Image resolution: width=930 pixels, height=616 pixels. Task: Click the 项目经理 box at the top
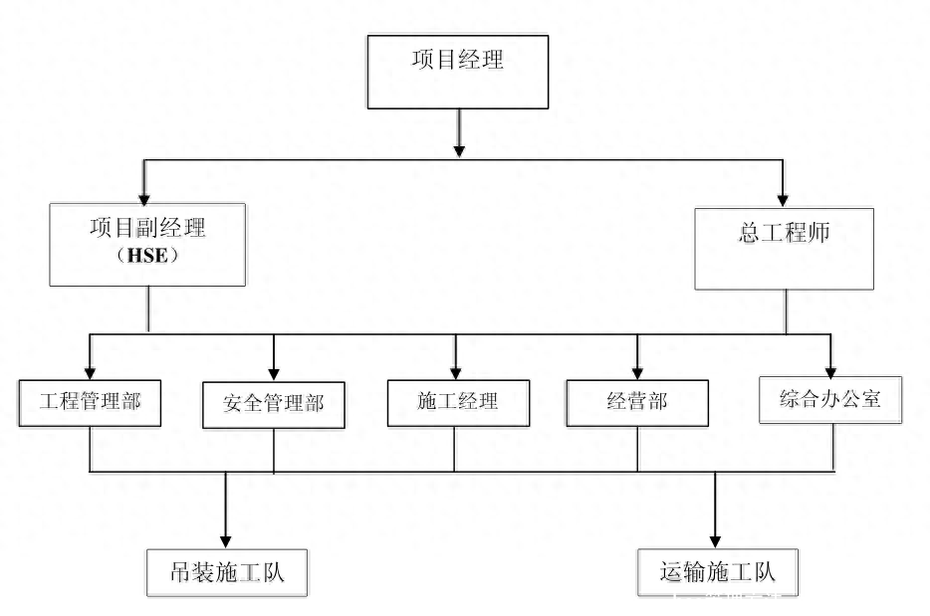[x=457, y=72]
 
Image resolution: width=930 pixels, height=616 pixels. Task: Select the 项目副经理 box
[x=147, y=245]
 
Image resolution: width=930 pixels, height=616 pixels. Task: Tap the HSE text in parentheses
[x=147, y=257]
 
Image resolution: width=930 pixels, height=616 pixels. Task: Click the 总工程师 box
[x=785, y=249]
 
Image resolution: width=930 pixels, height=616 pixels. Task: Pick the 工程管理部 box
[x=90, y=402]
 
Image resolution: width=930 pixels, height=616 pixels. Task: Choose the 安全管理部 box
[x=274, y=405]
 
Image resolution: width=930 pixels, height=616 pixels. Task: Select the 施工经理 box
[x=457, y=403]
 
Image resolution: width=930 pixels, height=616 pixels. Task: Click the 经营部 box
[x=637, y=403]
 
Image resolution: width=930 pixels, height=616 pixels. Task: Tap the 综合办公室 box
[x=830, y=400]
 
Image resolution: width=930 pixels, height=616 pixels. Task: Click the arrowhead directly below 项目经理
[x=458, y=149]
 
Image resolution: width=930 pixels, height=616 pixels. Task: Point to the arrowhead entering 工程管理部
[x=90, y=371]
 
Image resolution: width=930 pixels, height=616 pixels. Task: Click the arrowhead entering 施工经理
[x=457, y=371]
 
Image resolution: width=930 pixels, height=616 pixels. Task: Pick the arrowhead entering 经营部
[x=637, y=371]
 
